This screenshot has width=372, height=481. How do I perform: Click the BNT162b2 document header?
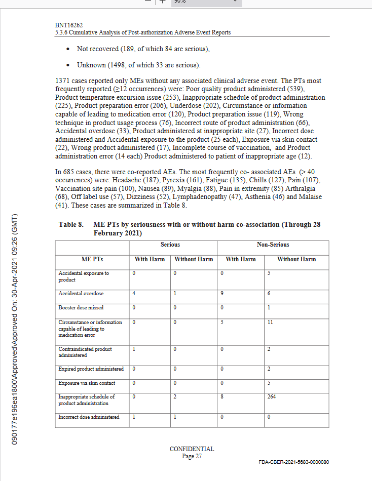[x=69, y=25]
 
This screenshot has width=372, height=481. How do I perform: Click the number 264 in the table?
[x=272, y=396]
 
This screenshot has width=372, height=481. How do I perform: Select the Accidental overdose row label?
[x=81, y=294]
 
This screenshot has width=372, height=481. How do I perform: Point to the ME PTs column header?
[x=93, y=259]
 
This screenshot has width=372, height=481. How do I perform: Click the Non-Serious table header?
[x=273, y=245]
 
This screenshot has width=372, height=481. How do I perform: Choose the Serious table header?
[x=170, y=245]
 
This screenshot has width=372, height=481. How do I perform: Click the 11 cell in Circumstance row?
[x=270, y=322]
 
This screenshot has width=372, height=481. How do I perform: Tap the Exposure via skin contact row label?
[x=87, y=383]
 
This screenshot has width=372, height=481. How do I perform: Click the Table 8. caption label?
[x=71, y=224]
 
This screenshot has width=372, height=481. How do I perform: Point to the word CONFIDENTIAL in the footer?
[x=192, y=449]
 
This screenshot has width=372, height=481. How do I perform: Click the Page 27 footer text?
[x=192, y=456]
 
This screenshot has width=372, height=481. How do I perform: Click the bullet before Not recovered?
[x=68, y=49]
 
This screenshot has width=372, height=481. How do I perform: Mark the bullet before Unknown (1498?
[x=68, y=65]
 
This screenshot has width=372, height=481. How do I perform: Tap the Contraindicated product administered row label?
[x=85, y=352]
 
